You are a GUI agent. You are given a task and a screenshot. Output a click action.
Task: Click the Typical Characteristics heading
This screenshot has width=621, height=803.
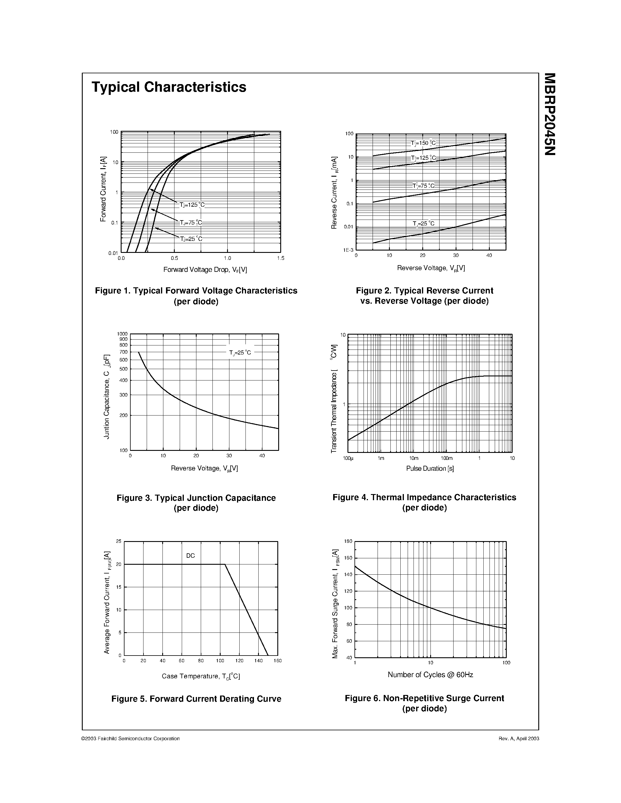pyautogui.click(x=169, y=87)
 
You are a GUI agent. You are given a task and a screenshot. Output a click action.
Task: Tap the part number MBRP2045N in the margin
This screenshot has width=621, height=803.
pyautogui.click(x=550, y=114)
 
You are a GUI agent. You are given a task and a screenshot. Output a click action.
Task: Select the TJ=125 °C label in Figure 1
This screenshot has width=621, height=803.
pyautogui.click(x=192, y=205)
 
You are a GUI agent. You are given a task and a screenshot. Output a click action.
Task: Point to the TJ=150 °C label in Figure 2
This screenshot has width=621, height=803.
pyautogui.click(x=423, y=143)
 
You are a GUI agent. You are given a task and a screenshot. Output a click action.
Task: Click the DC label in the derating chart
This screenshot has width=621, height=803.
pyautogui.click(x=190, y=556)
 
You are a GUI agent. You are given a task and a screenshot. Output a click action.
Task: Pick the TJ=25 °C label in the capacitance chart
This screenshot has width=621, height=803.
pyautogui.click(x=240, y=353)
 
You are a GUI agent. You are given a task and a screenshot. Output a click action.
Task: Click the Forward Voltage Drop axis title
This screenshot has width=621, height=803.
pyautogui.click(x=205, y=270)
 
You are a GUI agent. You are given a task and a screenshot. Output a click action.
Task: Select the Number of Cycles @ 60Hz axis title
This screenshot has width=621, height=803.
pyautogui.click(x=430, y=675)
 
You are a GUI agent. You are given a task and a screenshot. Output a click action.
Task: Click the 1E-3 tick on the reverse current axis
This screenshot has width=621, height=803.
pyautogui.click(x=348, y=250)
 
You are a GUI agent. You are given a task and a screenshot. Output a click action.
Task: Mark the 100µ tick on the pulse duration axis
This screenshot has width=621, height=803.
pyautogui.click(x=348, y=458)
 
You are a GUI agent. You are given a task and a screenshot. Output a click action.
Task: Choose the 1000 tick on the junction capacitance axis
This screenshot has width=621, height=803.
pyautogui.click(x=122, y=334)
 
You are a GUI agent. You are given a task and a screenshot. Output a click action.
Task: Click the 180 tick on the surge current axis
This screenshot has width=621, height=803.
pyautogui.click(x=348, y=541)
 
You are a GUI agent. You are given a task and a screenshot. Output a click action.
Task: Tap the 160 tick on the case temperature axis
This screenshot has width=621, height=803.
pyautogui.click(x=278, y=661)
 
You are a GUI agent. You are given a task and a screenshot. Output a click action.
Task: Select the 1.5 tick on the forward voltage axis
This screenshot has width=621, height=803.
pyautogui.click(x=281, y=258)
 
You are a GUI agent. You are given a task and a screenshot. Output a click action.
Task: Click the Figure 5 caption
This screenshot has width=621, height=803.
pyautogui.click(x=196, y=698)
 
